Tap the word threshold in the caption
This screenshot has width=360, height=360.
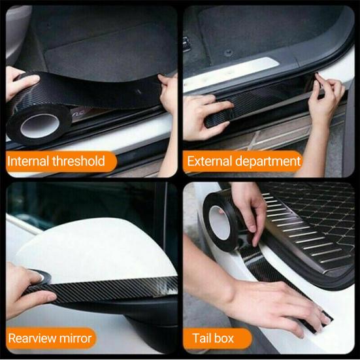(80, 161)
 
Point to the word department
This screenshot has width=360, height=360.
(269, 161)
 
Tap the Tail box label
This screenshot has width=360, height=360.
(212, 338)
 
